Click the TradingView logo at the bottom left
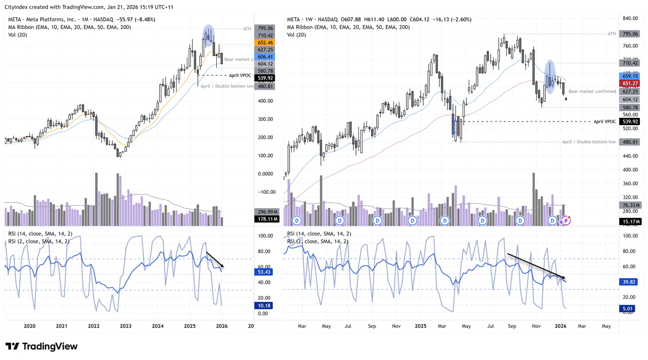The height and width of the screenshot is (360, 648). click(x=42, y=346)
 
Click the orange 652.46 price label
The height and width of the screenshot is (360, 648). click(x=265, y=43)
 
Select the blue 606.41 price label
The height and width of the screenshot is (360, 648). click(x=265, y=57)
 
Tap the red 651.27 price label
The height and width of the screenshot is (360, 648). click(x=631, y=83)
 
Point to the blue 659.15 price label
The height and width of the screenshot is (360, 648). click(x=631, y=76)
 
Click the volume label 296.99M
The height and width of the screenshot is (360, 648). click(x=265, y=212)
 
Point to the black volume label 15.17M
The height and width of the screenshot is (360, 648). click(x=631, y=221)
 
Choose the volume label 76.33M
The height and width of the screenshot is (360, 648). click(x=631, y=205)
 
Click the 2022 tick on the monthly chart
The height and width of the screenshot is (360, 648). click(x=93, y=327)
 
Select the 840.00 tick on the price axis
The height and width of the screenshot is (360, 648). click(x=630, y=18)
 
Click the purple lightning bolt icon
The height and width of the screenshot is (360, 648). click(x=565, y=220)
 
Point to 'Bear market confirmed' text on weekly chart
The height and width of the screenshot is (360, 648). click(x=592, y=92)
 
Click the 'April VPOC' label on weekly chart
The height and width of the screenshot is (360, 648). click(x=604, y=122)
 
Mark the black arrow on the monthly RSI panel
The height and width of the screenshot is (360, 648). click(x=215, y=260)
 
